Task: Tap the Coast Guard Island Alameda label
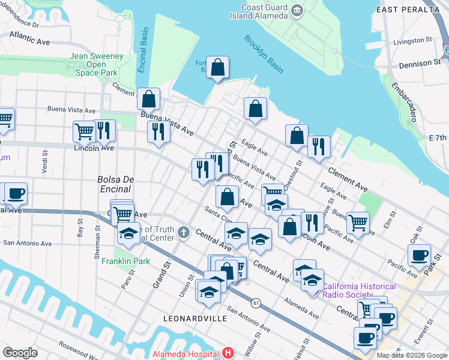pos(265,11)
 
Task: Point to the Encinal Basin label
pos(142,59)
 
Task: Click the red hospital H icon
pos(227,353)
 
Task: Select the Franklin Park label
pos(125,261)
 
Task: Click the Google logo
pos(20,352)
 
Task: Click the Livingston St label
pos(413,41)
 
